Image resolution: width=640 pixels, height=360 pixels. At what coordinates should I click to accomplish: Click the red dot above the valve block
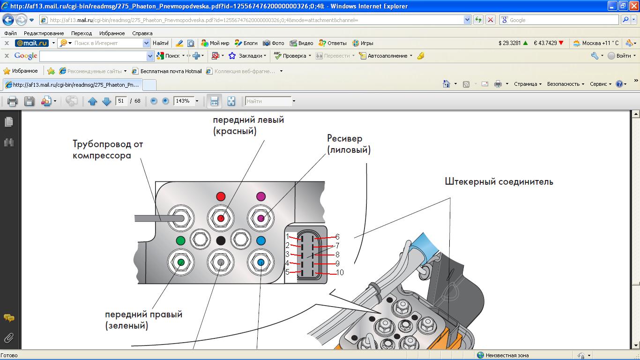[221, 196]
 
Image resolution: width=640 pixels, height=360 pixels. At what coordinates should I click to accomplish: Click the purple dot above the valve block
[261, 196]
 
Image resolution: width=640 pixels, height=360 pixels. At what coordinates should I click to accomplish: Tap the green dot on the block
[180, 240]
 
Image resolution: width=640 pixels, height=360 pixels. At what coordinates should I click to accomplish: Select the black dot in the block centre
[221, 240]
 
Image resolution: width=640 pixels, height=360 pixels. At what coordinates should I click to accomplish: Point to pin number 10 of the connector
[340, 272]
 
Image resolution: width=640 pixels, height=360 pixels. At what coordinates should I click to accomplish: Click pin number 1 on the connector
[288, 237]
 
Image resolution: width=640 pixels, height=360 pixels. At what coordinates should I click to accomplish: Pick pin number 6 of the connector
[337, 237]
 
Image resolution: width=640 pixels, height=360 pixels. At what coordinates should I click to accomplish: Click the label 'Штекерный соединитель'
[499, 181]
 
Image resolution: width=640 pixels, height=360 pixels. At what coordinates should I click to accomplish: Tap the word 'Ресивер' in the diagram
[344, 138]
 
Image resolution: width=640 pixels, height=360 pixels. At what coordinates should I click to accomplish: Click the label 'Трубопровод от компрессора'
[108, 149]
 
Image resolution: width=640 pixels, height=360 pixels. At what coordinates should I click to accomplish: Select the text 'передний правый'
[143, 314]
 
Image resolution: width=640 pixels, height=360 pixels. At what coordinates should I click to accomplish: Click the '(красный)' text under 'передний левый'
[235, 131]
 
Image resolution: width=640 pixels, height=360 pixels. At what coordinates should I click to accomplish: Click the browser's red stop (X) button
[491, 20]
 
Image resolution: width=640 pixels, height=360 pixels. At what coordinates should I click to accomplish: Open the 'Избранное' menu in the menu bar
[112, 33]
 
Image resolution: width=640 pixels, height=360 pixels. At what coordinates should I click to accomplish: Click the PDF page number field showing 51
[121, 101]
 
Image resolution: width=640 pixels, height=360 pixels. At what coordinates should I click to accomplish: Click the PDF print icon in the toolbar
[12, 101]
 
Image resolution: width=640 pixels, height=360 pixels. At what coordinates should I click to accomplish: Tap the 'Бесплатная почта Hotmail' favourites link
[171, 71]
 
